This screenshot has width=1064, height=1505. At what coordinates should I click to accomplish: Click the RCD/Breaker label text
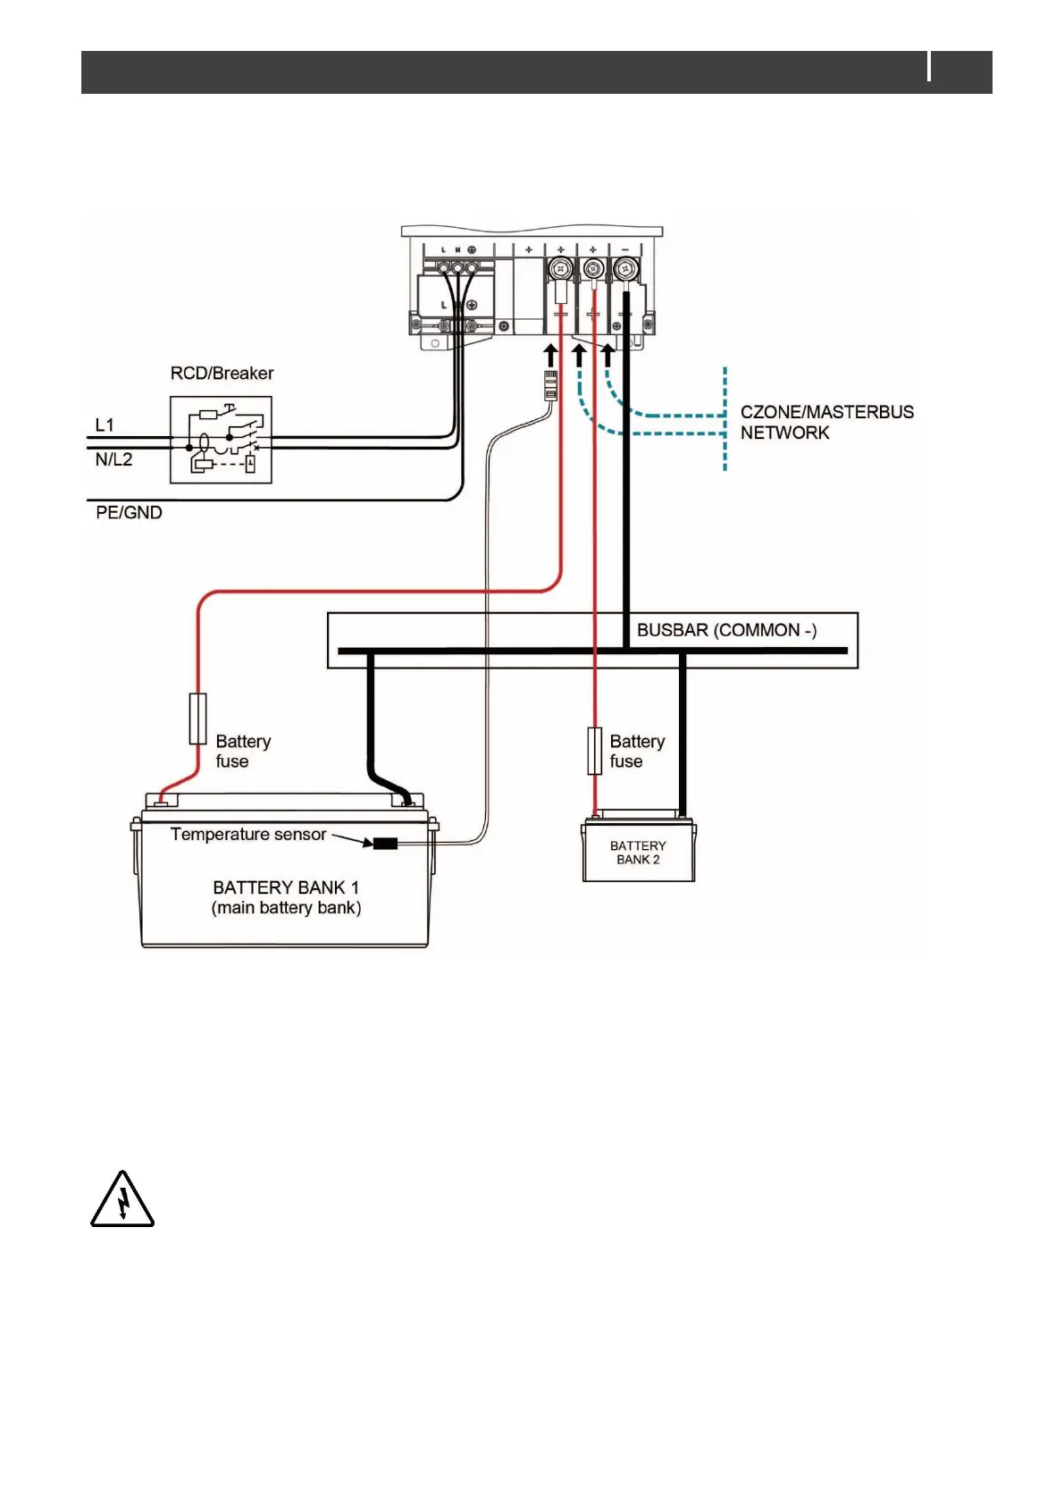point(222,374)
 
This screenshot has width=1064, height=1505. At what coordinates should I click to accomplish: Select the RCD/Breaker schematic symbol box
point(221,440)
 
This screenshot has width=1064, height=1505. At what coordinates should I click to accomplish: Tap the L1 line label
point(105,425)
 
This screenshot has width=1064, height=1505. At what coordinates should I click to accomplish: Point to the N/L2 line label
point(113,459)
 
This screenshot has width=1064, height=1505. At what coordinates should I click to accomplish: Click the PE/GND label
point(129,513)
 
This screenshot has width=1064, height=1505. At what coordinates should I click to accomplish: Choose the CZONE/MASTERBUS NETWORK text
point(826,422)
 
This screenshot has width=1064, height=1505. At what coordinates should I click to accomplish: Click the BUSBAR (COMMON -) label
point(725,630)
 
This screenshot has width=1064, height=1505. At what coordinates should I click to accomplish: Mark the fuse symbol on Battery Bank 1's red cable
point(197,719)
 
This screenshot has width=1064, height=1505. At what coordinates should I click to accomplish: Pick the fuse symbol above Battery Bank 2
point(594,751)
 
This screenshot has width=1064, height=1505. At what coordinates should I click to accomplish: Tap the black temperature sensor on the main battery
point(385,843)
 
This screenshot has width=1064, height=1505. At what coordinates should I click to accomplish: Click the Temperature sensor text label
point(247,835)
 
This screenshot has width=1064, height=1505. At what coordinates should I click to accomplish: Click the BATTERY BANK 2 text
point(638,853)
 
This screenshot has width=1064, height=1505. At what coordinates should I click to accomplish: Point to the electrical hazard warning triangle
point(122,1199)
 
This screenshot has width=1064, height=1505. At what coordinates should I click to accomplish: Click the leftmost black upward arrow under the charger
point(551,355)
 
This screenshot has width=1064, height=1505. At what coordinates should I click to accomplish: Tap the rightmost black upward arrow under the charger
point(607,355)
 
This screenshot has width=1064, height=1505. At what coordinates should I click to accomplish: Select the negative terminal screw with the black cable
point(624,267)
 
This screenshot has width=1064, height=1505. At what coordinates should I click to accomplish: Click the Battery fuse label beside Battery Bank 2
point(637,752)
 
